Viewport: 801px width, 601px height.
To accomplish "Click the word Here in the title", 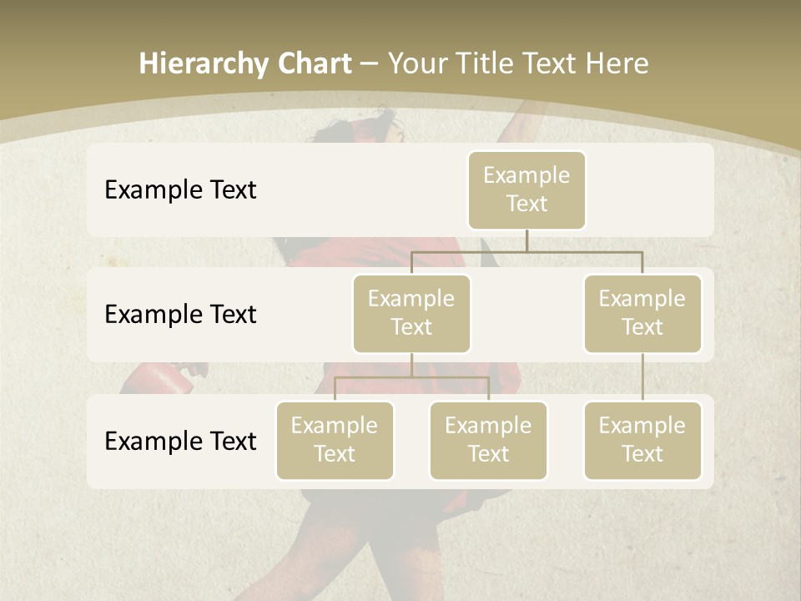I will click(617, 64).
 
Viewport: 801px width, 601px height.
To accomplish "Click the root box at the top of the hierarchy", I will click(526, 189).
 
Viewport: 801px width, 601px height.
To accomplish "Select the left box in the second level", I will click(411, 313).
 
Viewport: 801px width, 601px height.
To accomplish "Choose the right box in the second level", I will click(642, 313).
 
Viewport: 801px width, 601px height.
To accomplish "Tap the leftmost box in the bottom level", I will click(335, 440).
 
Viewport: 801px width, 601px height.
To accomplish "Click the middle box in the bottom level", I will click(488, 440).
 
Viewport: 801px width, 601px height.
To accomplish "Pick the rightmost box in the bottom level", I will click(642, 440).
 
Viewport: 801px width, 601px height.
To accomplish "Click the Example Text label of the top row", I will click(180, 189).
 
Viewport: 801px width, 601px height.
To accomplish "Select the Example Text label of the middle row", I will click(180, 314).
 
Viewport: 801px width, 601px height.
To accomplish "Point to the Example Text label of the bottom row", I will click(180, 441).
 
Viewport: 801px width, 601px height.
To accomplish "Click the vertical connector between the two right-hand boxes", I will click(642, 376).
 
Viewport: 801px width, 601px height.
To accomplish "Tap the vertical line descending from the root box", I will click(526, 240).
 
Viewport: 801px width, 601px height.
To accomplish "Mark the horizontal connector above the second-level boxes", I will click(526, 251).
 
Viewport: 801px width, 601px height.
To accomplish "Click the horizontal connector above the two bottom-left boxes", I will click(411, 377).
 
